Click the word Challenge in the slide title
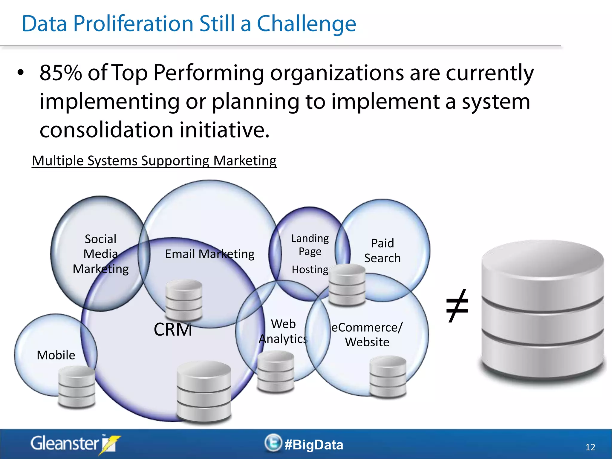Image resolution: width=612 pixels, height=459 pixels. pyautogui.click(x=306, y=24)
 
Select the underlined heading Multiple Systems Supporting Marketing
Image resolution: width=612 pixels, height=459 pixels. pyautogui.click(x=154, y=161)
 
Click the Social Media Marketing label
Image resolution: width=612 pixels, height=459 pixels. pyautogui.click(x=101, y=254)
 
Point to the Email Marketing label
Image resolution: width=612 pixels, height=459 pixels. pyautogui.click(x=209, y=254)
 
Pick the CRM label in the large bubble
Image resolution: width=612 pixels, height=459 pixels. pyautogui.click(x=173, y=330)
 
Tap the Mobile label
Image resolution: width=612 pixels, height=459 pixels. pyautogui.click(x=56, y=355)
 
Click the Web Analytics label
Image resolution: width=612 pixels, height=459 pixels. pyautogui.click(x=283, y=331)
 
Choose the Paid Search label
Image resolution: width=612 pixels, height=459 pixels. pyautogui.click(x=382, y=250)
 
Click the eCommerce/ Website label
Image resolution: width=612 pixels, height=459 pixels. pyautogui.click(x=367, y=334)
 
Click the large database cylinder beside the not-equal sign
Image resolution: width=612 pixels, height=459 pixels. pyautogui.click(x=542, y=311)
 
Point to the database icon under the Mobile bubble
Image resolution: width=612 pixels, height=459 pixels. pyautogui.click(x=77, y=387)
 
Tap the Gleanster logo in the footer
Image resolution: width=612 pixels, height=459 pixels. pyautogui.click(x=75, y=444)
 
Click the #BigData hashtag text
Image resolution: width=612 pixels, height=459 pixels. pyautogui.click(x=314, y=445)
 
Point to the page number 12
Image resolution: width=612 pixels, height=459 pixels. pyautogui.click(x=590, y=447)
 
